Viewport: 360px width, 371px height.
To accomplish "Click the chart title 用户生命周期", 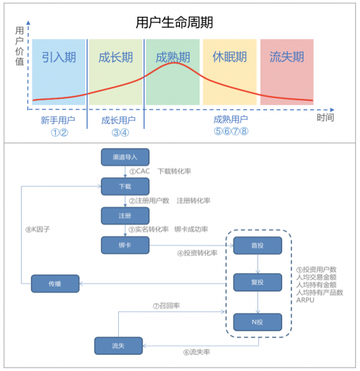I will click(174, 23).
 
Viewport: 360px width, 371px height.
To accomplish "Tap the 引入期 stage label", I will click(59, 58).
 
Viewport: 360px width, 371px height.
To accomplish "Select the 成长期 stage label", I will click(116, 58).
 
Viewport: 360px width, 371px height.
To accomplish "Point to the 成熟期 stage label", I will click(173, 58).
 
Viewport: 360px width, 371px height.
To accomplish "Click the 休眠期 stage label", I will click(230, 58).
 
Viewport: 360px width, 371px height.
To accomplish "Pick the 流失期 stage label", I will click(287, 58).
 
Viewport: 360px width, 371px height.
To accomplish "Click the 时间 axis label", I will click(325, 117).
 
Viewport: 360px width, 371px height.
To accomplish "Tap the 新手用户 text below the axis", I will click(58, 120).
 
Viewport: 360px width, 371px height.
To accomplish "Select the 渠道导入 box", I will click(125, 157).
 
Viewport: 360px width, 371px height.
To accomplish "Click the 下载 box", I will click(125, 186).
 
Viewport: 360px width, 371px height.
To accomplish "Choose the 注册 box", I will click(125, 215).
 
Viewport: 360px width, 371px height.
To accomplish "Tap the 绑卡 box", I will click(125, 244).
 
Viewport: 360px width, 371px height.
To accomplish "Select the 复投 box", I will click(257, 282).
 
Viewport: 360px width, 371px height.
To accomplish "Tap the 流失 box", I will click(118, 345).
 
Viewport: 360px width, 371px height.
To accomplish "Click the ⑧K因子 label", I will click(37, 229).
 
